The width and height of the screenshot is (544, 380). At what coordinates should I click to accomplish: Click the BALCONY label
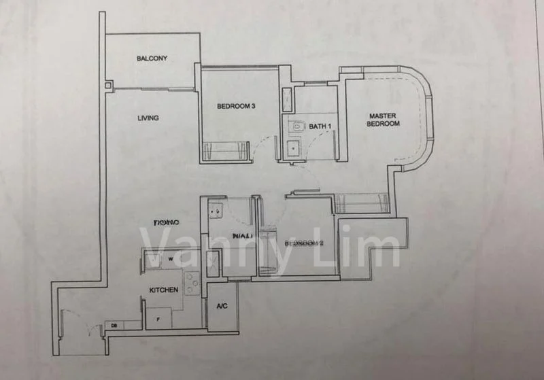pos(152,58)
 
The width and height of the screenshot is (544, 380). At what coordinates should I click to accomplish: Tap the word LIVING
pos(148,118)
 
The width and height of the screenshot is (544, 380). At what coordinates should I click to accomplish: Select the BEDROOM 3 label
pos(236,106)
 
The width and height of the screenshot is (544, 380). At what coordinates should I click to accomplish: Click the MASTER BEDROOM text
pos(383,120)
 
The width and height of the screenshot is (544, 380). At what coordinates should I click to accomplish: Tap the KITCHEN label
pos(164,290)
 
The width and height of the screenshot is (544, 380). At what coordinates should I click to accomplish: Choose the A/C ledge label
pos(222,307)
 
